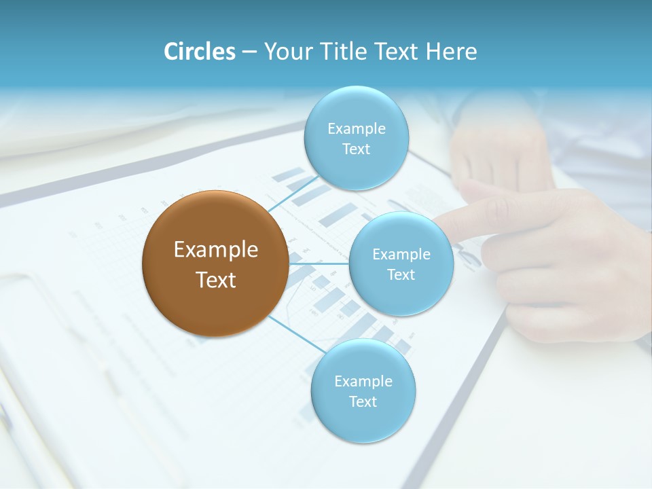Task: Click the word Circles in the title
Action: (200, 52)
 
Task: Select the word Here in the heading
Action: (452, 52)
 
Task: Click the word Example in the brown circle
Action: (216, 250)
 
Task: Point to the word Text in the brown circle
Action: (216, 280)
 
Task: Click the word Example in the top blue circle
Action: (357, 128)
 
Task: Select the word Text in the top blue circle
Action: (356, 149)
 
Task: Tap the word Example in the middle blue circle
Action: (401, 254)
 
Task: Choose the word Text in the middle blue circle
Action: (401, 274)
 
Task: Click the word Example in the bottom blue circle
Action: (363, 381)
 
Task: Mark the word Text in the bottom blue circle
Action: (363, 401)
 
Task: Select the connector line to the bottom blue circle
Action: (299, 333)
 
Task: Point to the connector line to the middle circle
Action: (319, 263)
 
